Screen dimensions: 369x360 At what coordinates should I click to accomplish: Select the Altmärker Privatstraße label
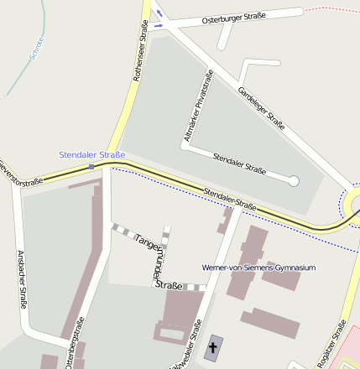[x=199, y=104]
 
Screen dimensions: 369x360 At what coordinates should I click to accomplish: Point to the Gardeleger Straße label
[x=261, y=108]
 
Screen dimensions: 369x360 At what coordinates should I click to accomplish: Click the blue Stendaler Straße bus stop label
[x=92, y=154]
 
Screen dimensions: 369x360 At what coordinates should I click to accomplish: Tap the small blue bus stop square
[x=92, y=167]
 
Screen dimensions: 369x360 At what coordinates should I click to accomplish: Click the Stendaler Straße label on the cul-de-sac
[x=239, y=164]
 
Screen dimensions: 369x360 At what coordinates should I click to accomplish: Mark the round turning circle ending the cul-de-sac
[x=293, y=180]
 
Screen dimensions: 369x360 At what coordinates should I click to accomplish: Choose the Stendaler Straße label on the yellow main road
[x=230, y=199]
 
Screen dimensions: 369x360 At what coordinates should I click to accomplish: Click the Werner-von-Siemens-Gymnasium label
[x=258, y=268]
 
